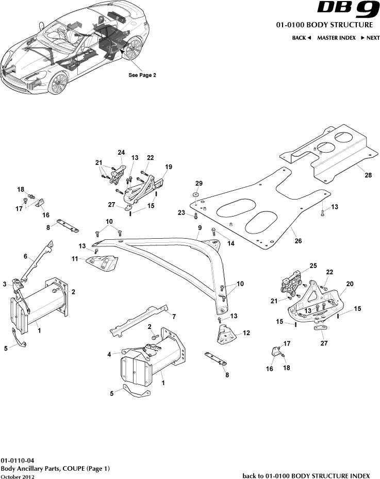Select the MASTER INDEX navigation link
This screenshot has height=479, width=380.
(336, 38)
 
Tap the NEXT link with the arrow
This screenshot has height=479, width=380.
(370, 38)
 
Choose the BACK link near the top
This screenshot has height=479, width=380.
(301, 38)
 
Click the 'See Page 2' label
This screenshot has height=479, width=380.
(142, 75)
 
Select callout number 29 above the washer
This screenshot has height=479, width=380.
(199, 184)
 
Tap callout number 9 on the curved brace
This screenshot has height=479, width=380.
(199, 227)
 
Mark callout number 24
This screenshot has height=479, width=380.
(121, 152)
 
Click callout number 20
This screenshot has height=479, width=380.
(350, 284)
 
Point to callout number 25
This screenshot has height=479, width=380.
(312, 266)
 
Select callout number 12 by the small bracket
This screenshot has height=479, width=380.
(246, 333)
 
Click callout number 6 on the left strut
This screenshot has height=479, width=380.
(25, 256)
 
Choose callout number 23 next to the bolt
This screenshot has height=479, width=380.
(181, 212)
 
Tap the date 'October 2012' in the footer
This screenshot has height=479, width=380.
(18, 477)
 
